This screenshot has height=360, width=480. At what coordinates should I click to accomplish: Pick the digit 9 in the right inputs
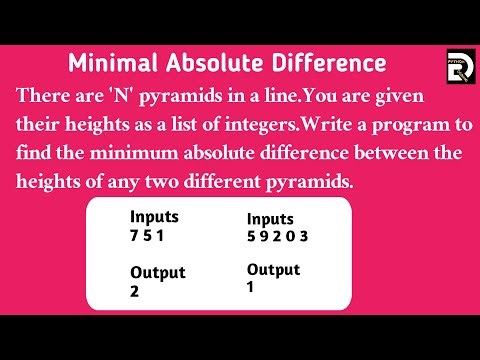point(264,237)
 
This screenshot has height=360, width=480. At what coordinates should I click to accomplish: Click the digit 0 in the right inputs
point(292,237)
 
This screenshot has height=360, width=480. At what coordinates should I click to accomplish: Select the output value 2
point(135,292)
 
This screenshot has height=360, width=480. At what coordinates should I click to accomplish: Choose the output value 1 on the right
point(252,288)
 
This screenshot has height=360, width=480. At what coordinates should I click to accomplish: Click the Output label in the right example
point(273,269)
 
